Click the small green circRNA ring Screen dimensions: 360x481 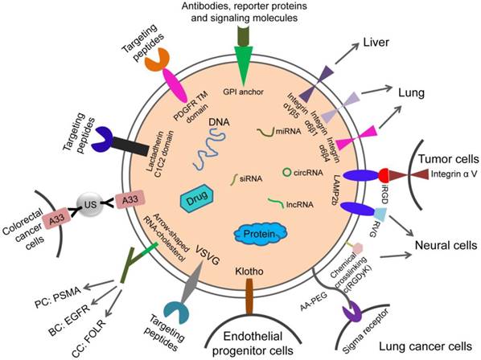tap(286, 171)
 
